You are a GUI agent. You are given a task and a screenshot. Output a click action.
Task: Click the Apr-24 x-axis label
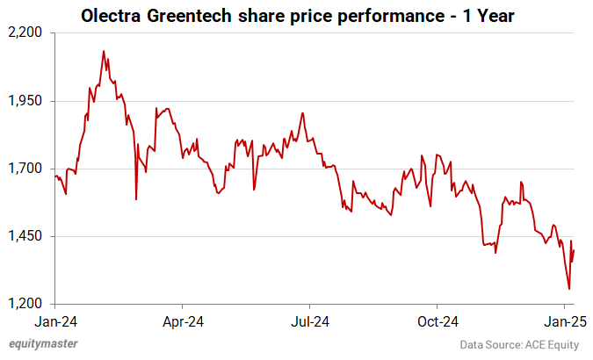[184, 320]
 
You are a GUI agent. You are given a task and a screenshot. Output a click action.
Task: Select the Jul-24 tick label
[311, 320]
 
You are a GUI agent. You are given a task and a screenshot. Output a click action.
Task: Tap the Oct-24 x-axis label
[438, 320]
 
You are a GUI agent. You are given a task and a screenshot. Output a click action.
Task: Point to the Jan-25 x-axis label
[567, 320]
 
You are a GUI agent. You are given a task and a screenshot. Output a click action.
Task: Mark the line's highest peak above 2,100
[104, 51]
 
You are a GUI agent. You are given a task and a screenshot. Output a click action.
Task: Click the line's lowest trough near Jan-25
[569, 289]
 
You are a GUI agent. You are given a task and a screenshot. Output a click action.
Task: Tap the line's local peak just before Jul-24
[302, 113]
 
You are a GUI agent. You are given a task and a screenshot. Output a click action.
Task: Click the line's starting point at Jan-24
[54, 176]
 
